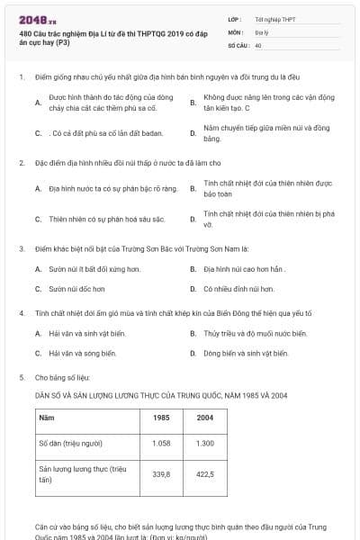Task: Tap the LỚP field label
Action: (x=234, y=18)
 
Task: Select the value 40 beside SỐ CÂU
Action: (x=258, y=44)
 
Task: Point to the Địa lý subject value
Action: (x=260, y=31)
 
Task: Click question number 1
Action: (x=21, y=76)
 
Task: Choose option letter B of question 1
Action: (x=193, y=103)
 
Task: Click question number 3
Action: (x=21, y=247)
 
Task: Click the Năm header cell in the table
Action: (x=47, y=418)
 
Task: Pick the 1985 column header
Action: (x=162, y=418)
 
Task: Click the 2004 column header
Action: (x=205, y=418)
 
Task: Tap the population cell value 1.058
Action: (x=162, y=444)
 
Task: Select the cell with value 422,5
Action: (x=205, y=474)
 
